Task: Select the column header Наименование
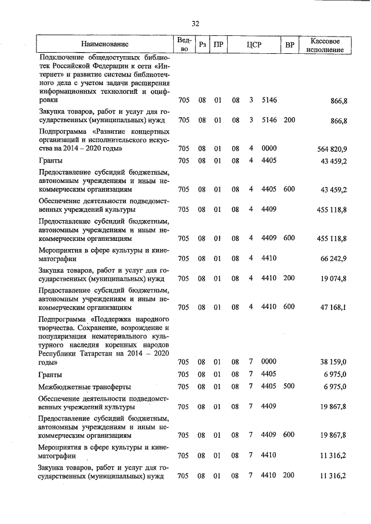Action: (x=105, y=45)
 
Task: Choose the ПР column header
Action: (x=218, y=45)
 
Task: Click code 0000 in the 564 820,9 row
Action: (x=268, y=148)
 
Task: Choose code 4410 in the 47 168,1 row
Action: (x=268, y=307)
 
